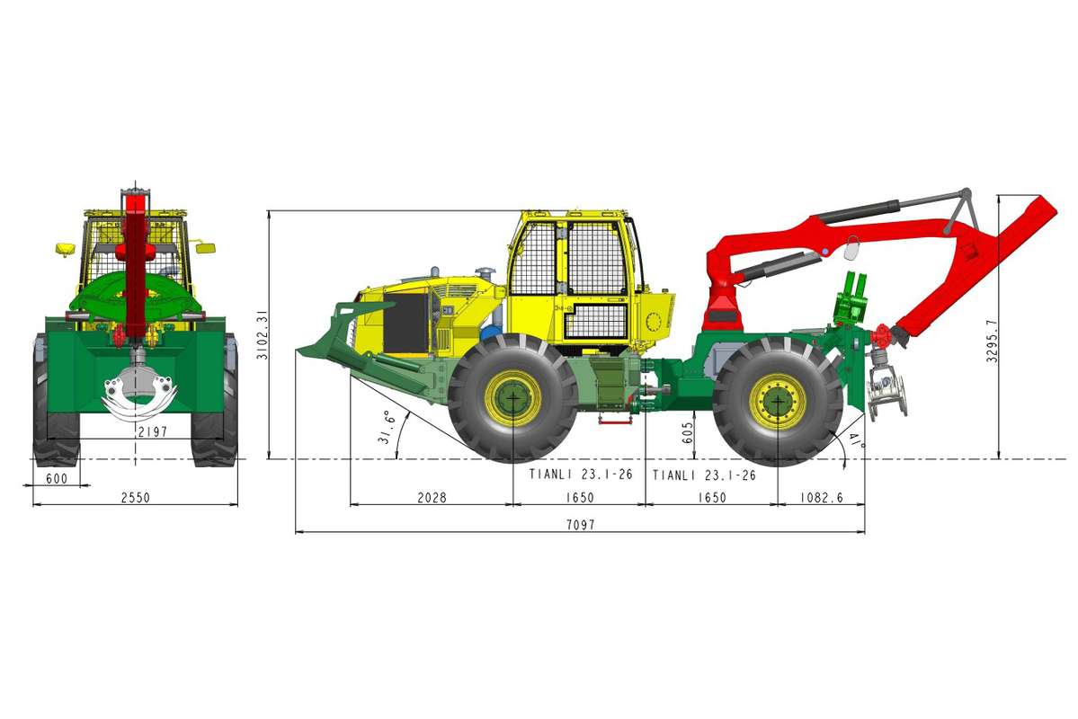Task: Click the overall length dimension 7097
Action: pyautogui.click(x=580, y=525)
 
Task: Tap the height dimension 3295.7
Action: pyautogui.click(x=992, y=341)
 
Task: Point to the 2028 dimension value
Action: pyautogui.click(x=432, y=497)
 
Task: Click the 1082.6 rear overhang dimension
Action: pyautogui.click(x=821, y=497)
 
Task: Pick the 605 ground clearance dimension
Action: pyautogui.click(x=688, y=432)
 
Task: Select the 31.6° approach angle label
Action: pyautogui.click(x=386, y=428)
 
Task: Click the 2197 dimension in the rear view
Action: pyautogui.click(x=152, y=431)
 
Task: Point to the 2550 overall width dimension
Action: pyautogui.click(x=136, y=497)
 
